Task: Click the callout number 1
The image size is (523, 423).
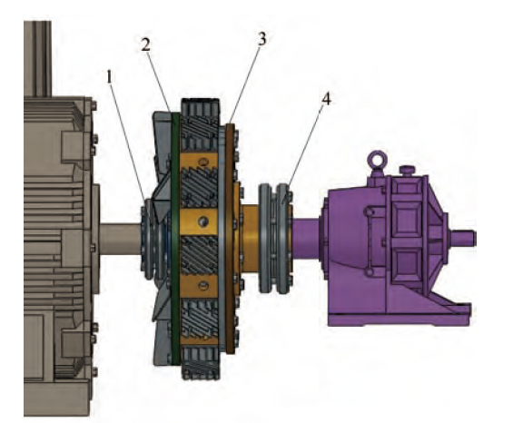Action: coord(111,78)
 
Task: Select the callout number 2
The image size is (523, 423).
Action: coord(146,44)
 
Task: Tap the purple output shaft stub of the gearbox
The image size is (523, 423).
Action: coord(462,239)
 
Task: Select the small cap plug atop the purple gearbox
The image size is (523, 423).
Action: coord(405,170)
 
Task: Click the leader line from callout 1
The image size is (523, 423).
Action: coord(126,136)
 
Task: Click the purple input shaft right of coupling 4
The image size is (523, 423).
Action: coord(307,239)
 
